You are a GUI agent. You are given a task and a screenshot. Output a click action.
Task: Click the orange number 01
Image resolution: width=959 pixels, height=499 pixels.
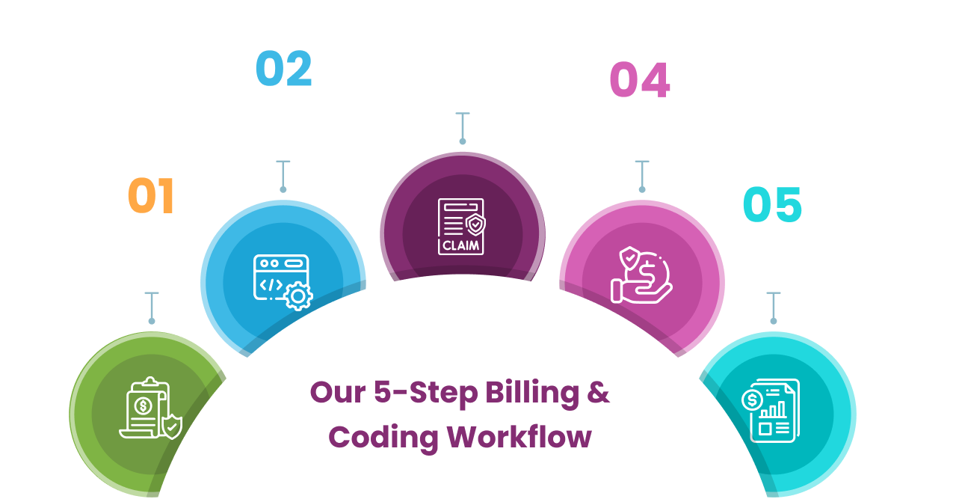click(x=151, y=196)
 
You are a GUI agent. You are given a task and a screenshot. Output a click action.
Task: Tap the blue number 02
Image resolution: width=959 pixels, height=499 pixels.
click(x=283, y=69)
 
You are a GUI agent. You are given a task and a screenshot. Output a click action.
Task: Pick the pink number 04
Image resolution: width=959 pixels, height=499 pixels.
click(x=640, y=80)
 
